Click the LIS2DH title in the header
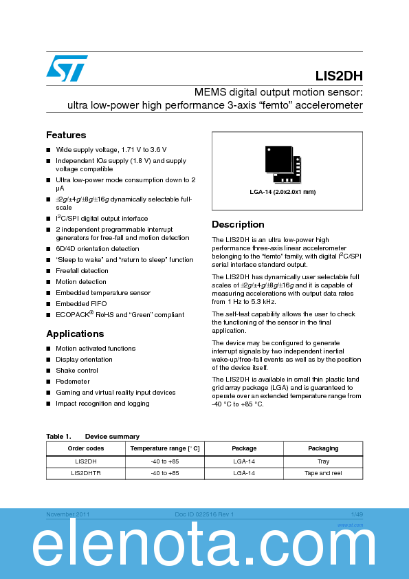pyautogui.click(x=339, y=76)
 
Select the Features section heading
pyautogui.click(x=66, y=135)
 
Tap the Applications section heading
pyautogui.click(x=75, y=334)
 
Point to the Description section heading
pyautogui.click(x=238, y=224)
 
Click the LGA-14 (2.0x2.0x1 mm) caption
pyautogui.click(x=283, y=192)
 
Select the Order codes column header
pyautogui.click(x=85, y=448)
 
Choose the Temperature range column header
pyautogui.click(x=165, y=448)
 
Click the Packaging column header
pyautogui.click(x=323, y=448)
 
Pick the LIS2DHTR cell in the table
pyautogui.click(x=85, y=473)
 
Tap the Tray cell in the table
pyautogui.click(x=323, y=461)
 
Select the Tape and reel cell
pyautogui.click(x=323, y=473)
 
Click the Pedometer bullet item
pyautogui.click(x=73, y=382)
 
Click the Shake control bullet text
pyautogui.click(x=77, y=371)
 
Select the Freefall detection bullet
pyautogui.click(x=82, y=271)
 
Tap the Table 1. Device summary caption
pyautogui.click(x=93, y=437)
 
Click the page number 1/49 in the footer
pyautogui.click(x=357, y=514)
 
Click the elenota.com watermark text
pyautogui.click(x=204, y=548)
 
